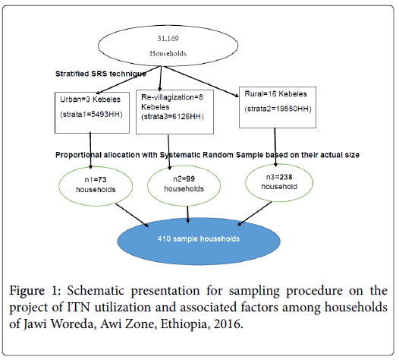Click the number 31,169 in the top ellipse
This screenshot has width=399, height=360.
168,39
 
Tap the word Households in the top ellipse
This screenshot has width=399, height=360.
168,53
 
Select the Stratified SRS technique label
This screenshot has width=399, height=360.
101,74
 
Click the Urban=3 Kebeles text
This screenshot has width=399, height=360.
90,99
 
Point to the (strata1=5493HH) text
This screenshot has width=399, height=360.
91,115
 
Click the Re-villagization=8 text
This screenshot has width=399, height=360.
172,97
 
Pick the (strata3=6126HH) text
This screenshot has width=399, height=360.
172,117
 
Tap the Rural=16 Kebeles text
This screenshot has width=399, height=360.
275,93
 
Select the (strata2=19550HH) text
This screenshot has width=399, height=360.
278,109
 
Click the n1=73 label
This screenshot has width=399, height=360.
96,179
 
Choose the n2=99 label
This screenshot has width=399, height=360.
184,178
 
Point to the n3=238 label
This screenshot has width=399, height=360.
279,177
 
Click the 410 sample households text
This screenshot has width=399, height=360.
199,238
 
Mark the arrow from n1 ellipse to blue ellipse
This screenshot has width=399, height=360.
132,215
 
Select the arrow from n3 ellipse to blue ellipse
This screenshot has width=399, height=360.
255,213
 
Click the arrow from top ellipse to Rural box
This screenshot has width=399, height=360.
201,81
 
